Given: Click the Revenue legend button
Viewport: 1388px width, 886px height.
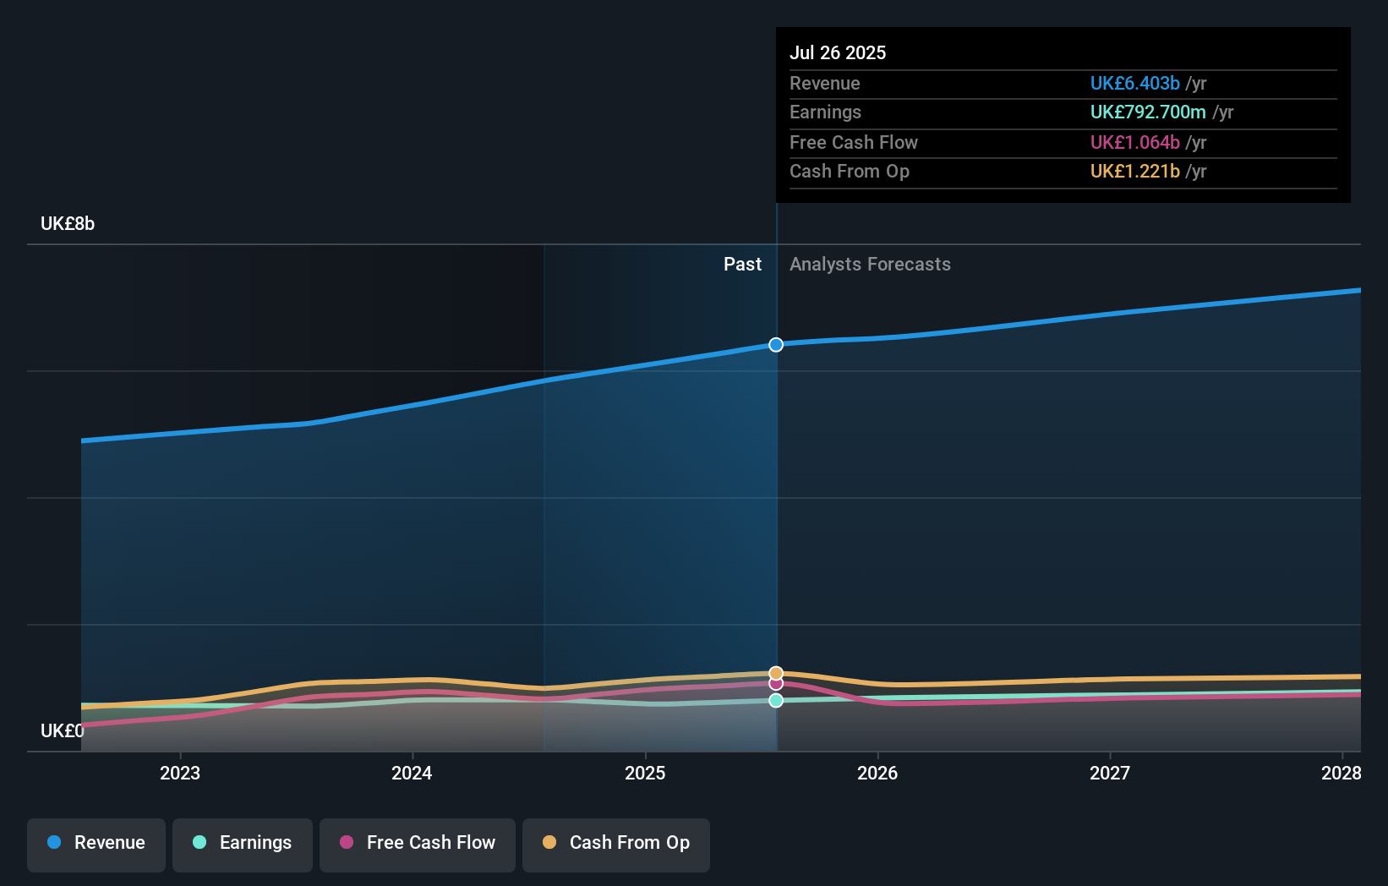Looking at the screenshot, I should click(x=96, y=843).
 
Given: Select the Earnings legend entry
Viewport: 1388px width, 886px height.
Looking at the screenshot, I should click(x=243, y=843).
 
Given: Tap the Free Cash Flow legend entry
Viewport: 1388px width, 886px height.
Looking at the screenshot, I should click(x=418, y=843).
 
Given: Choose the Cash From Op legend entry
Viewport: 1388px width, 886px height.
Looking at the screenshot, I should click(x=616, y=843).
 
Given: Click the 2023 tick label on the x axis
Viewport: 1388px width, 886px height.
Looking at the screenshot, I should click(x=180, y=773).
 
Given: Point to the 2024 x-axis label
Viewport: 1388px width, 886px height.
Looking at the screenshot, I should click(x=412, y=773).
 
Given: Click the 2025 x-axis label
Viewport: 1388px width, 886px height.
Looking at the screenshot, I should click(x=645, y=773).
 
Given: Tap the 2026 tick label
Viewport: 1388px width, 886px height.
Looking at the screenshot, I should click(x=877, y=773).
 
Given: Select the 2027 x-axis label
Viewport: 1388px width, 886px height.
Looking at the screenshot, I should click(x=1110, y=773).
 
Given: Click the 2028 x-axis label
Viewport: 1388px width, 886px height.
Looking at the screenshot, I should click(x=1341, y=773).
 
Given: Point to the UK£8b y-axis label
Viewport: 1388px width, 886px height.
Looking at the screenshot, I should click(x=68, y=224).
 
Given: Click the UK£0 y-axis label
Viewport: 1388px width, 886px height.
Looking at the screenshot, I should click(x=63, y=730).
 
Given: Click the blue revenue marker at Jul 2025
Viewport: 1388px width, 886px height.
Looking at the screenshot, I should click(x=776, y=344).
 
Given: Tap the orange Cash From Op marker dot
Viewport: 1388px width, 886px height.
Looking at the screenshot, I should click(x=776, y=673).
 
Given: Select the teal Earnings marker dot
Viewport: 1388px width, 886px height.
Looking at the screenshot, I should click(x=776, y=700).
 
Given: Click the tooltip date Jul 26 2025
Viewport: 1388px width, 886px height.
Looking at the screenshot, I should click(x=838, y=52).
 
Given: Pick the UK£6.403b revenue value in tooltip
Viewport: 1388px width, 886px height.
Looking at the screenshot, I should click(x=1134, y=83).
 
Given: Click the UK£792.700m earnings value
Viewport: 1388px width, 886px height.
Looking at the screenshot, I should click(x=1148, y=112).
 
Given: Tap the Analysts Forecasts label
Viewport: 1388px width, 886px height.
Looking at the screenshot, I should click(x=870, y=265).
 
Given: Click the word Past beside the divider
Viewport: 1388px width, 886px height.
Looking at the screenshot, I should click(x=742, y=265).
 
